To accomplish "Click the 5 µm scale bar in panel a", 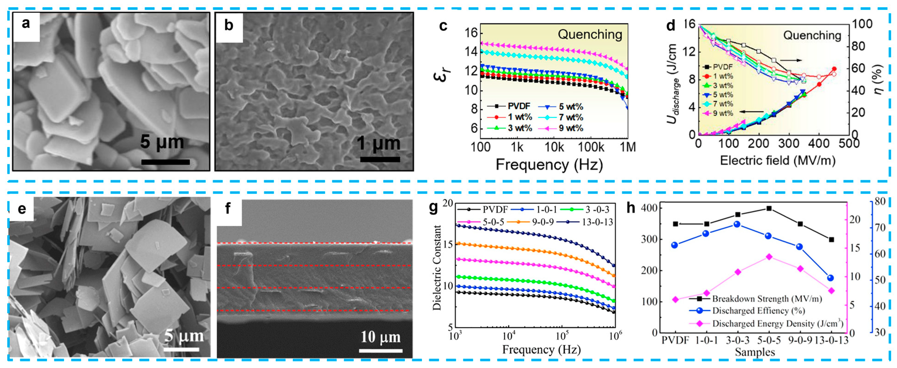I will click(165, 162).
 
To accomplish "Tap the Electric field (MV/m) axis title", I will click(777, 160).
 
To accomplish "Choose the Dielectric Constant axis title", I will click(437, 267).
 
